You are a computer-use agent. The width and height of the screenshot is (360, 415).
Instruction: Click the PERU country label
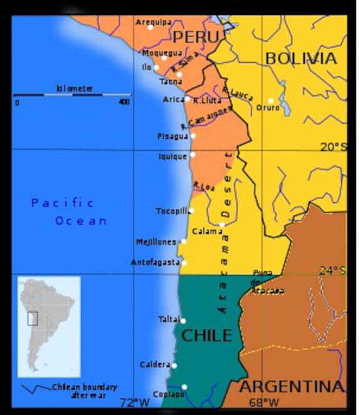point(196,37)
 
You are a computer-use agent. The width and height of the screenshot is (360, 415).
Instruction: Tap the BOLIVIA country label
point(300,58)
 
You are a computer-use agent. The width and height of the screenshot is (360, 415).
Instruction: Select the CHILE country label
point(206,335)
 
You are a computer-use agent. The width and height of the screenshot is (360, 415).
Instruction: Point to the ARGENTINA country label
point(292,386)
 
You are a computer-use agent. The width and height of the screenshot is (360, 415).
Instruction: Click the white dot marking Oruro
point(271,100)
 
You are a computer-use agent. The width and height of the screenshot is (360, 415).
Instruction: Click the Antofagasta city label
point(155,262)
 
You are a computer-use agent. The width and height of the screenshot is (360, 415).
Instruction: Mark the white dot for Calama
point(222,224)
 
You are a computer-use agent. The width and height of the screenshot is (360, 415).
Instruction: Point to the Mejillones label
point(157,242)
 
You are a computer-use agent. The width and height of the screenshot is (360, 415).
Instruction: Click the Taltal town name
point(169,319)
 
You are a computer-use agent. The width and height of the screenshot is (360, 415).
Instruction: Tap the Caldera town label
point(155,364)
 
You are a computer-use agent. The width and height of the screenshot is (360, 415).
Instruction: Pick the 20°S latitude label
point(333,147)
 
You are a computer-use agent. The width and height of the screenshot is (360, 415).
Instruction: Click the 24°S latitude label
point(333,271)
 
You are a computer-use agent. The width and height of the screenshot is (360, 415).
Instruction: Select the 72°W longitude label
point(135,402)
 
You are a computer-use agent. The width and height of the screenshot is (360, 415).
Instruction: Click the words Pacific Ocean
point(70,212)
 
